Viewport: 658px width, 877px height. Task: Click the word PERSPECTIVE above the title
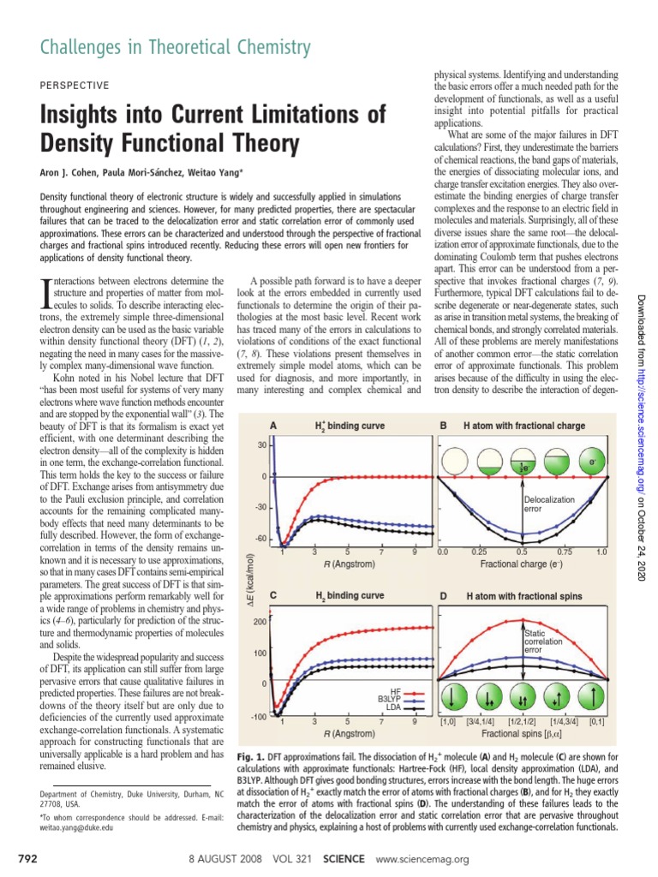tap(75, 86)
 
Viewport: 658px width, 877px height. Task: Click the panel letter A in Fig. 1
tap(273, 426)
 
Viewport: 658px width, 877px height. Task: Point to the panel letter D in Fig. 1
tap(444, 594)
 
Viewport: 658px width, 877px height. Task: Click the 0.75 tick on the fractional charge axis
tap(563, 552)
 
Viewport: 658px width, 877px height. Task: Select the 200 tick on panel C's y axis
tap(258, 623)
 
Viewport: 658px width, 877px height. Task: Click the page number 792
tap(28, 859)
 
